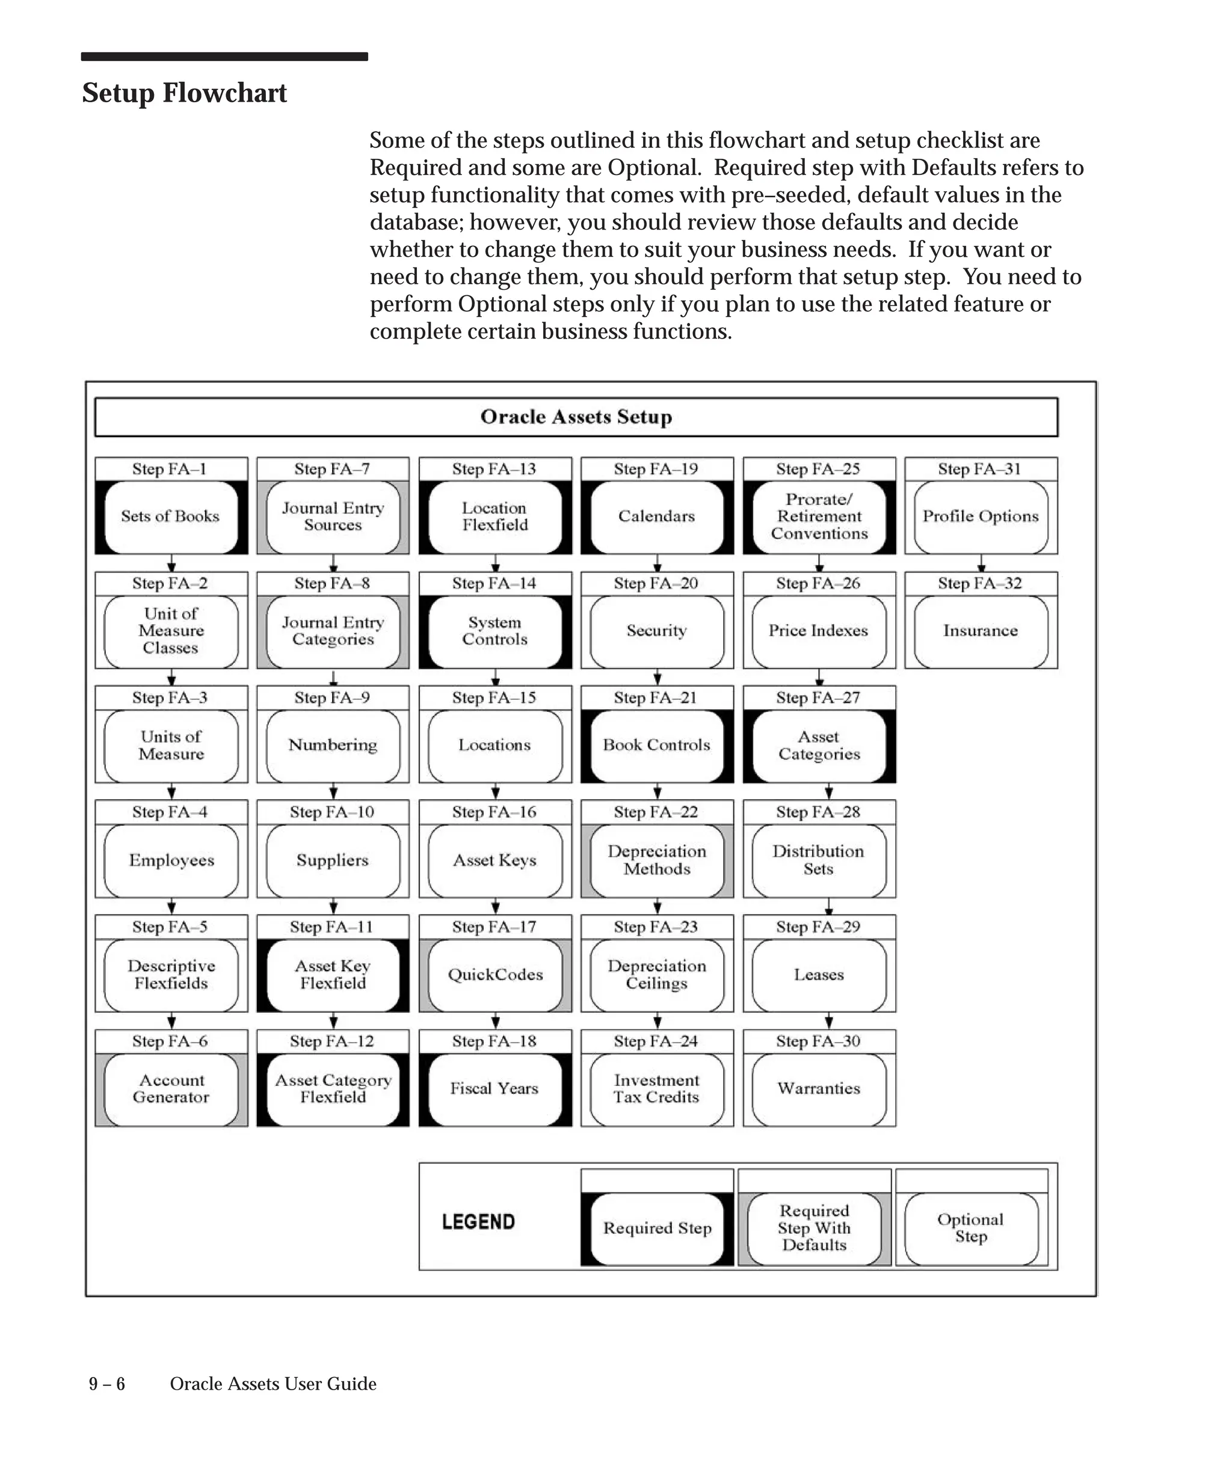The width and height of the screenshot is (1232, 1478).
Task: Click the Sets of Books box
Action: (x=171, y=517)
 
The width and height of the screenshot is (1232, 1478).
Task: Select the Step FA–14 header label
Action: (x=494, y=583)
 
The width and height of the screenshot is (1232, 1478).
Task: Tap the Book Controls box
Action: (x=657, y=746)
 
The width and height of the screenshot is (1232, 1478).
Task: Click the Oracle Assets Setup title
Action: (x=576, y=417)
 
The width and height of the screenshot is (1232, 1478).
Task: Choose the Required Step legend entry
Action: (x=657, y=1228)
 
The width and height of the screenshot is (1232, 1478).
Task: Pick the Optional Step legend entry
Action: (x=971, y=1228)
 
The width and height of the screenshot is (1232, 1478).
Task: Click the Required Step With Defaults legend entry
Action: (x=814, y=1228)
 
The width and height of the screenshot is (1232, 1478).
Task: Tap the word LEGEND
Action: (x=479, y=1222)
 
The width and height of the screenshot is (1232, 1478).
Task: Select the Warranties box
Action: (x=819, y=1089)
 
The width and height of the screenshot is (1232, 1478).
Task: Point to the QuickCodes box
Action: (x=495, y=975)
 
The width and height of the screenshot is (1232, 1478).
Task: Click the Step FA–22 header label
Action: (x=656, y=812)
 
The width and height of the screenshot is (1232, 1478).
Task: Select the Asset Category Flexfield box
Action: (x=333, y=1089)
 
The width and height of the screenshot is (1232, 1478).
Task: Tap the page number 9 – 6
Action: (x=107, y=1384)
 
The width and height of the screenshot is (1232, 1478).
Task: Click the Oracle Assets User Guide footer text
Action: (x=273, y=1384)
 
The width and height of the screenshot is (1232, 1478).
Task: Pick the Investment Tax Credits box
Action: (x=657, y=1089)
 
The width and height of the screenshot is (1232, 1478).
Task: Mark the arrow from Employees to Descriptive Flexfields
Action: (x=171, y=907)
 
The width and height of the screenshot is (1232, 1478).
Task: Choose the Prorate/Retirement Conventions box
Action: (x=819, y=517)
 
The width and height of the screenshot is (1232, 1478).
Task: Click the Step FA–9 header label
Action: (x=332, y=698)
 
